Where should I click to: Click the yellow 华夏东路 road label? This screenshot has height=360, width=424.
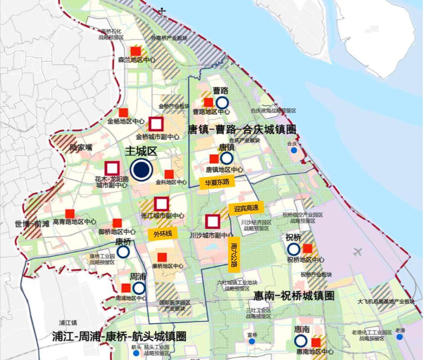tap(217, 182)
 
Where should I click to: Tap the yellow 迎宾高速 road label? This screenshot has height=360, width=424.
tap(246, 208)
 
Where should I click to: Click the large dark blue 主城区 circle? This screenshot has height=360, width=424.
tap(142, 170)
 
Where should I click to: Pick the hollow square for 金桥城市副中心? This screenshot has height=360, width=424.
tap(156, 124)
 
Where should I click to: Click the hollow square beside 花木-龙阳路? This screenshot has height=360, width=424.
tap(112, 168)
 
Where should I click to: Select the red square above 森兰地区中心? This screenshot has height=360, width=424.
tap(135, 51)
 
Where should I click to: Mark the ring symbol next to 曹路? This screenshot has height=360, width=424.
tap(222, 103)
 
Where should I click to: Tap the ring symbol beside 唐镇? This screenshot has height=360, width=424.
tap(227, 158)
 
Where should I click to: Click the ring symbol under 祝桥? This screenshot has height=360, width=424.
tap(294, 250)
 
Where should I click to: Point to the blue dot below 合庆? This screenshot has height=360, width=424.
tap(294, 151)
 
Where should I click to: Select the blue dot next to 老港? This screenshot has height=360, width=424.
tap(400, 337)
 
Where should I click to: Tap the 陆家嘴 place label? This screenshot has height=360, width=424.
tap(81, 147)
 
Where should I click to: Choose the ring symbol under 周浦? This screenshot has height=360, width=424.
tap(139, 288)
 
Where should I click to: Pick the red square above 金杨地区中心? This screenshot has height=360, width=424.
tap(124, 113)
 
